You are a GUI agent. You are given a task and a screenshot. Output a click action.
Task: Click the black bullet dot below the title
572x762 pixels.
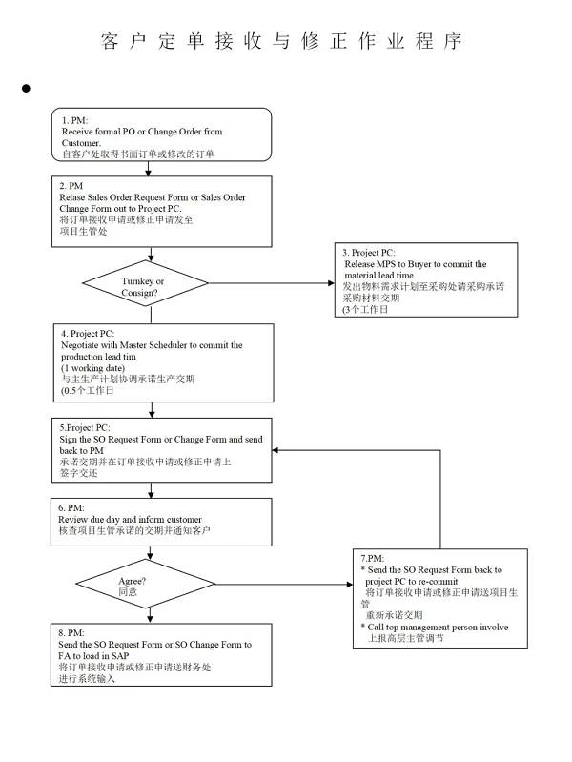pos(26,88)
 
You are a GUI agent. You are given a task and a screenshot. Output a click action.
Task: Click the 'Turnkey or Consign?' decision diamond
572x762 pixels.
pos(145,283)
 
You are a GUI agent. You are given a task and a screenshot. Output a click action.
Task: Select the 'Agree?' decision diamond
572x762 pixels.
pos(145,584)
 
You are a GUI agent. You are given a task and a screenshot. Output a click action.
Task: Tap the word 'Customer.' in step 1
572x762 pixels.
pos(81,143)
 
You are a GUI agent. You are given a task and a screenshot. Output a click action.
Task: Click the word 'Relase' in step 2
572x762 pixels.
pos(71,197)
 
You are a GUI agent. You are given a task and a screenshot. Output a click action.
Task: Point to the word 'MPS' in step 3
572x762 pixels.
pos(386,264)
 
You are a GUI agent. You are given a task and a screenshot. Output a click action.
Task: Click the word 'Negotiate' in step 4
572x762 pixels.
pos(80,345)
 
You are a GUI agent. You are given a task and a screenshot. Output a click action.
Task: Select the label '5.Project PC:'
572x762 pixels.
pos(85,427)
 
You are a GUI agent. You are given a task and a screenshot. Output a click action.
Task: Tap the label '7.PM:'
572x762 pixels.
pos(372,558)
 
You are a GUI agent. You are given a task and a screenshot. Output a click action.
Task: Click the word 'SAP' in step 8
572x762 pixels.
pos(120,655)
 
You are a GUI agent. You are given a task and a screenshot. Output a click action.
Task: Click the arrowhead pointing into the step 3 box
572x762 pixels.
pos(332,283)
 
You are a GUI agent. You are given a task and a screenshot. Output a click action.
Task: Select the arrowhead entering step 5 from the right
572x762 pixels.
pos(276,450)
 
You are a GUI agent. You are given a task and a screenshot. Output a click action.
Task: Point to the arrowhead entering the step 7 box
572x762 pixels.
pos(350,584)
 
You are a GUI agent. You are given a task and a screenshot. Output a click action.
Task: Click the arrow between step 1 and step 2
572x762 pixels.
pos(148,168)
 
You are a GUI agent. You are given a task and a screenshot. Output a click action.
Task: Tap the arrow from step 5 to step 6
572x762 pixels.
pos(151,490)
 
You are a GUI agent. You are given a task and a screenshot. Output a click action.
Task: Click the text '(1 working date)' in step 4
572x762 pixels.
pos(92,368)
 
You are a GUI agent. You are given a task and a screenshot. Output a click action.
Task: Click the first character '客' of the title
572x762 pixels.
pos(110,41)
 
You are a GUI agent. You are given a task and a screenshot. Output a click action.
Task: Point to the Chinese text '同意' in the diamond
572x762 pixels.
pos(128,592)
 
